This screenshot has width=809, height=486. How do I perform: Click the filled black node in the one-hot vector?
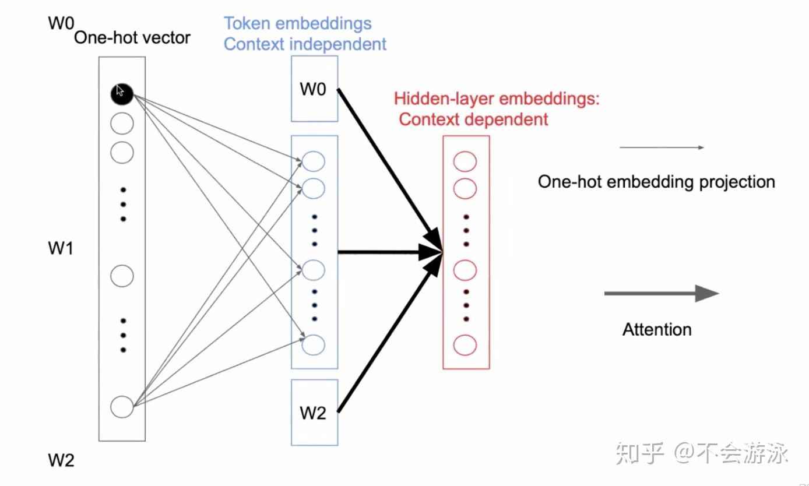click(122, 93)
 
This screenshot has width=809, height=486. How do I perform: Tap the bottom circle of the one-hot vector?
click(122, 406)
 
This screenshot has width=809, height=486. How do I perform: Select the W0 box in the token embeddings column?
click(314, 89)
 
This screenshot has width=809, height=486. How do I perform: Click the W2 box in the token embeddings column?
click(314, 413)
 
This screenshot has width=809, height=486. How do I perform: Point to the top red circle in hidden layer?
click(465, 161)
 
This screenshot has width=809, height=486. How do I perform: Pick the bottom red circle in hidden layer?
click(465, 345)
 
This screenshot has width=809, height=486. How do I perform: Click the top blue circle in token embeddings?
click(314, 161)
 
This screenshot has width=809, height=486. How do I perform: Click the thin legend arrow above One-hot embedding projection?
click(662, 147)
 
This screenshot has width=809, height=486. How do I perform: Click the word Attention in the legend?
click(657, 329)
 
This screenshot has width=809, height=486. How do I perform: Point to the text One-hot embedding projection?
click(656, 182)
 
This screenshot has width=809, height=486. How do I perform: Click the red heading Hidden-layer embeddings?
click(497, 98)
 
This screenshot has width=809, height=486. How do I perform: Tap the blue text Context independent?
click(305, 44)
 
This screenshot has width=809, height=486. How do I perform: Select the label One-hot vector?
click(132, 38)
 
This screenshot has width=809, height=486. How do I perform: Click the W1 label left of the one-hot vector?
click(61, 249)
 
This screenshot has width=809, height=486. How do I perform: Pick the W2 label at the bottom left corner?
click(61, 460)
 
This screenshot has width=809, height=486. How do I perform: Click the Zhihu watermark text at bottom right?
click(702, 453)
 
